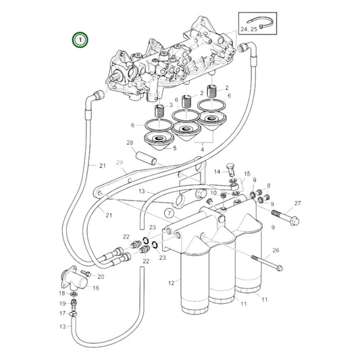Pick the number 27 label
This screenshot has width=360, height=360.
[298, 203]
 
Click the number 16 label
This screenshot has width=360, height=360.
[96, 288]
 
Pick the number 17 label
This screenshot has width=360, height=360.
[62, 313]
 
